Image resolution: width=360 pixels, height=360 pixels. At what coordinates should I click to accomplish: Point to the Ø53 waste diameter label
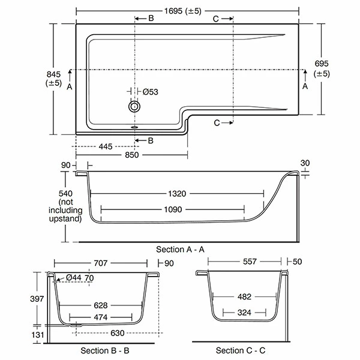(151, 92)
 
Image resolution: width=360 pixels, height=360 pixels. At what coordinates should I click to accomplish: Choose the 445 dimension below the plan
(105, 146)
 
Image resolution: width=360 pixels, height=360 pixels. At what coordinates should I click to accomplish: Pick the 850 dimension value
(131, 155)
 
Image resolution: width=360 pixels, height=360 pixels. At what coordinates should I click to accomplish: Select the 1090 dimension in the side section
(173, 210)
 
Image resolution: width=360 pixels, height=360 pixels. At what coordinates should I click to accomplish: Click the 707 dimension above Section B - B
(100, 263)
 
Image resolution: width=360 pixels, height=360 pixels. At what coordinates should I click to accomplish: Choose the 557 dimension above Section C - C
(244, 262)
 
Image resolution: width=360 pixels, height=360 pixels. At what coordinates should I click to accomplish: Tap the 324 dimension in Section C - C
(244, 313)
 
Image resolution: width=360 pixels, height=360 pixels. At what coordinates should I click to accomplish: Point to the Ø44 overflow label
(74, 277)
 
